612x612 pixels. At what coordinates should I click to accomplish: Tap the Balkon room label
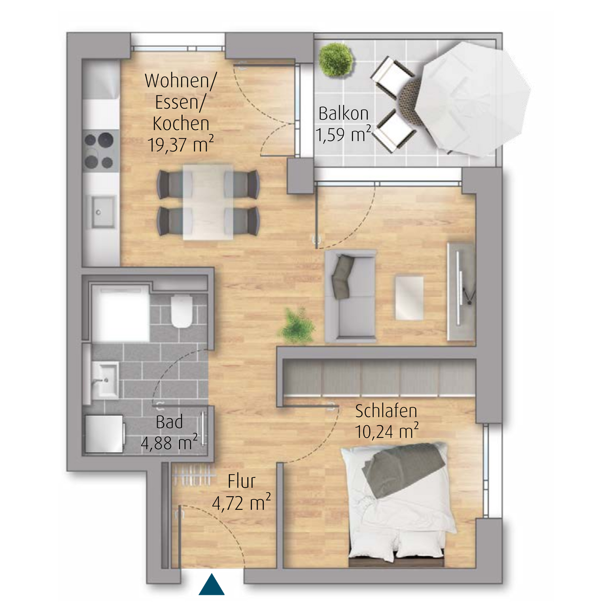(x=343, y=114)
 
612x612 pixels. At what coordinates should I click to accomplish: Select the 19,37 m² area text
(x=181, y=144)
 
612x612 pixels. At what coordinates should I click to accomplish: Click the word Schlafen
(x=386, y=411)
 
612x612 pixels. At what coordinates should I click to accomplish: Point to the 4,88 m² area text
(x=169, y=443)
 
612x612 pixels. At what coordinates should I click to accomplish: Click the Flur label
(x=241, y=481)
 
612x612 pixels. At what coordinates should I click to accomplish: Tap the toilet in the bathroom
(x=182, y=311)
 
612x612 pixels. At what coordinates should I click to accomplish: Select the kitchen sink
(x=104, y=212)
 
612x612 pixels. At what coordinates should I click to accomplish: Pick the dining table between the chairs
(x=208, y=202)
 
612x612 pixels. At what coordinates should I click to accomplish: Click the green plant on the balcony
(x=336, y=60)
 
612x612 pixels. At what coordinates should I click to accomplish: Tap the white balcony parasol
(x=473, y=99)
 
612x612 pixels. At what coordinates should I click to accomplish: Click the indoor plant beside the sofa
(x=297, y=326)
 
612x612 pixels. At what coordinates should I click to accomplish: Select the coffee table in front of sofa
(x=410, y=298)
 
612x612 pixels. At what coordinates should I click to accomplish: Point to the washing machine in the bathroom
(x=103, y=434)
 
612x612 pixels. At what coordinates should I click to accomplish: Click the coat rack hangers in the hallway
(x=192, y=475)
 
